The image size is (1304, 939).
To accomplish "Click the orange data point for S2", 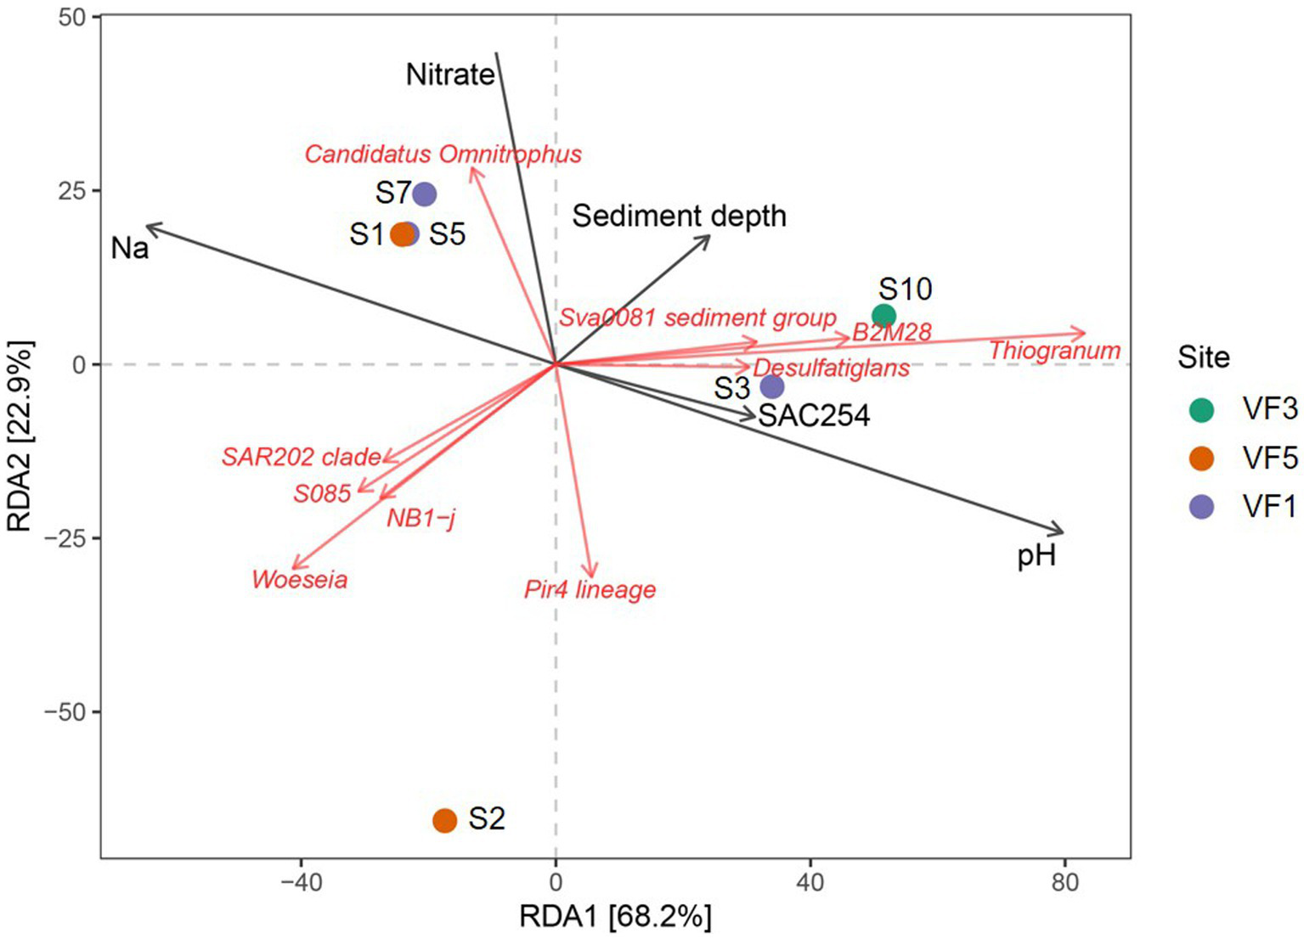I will tap(445, 820).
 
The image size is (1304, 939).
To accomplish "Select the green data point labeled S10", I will tap(883, 316).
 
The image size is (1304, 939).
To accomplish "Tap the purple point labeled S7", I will tap(425, 194).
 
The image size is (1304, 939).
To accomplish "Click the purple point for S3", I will tap(771, 387).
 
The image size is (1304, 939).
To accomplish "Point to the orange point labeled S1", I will tap(402, 234).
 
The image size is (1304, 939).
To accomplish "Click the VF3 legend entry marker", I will tap(1201, 410).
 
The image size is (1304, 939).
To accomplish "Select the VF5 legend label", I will tap(1269, 458).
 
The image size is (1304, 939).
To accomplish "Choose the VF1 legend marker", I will tap(1201, 507).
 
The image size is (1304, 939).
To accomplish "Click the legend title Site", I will tap(1203, 357).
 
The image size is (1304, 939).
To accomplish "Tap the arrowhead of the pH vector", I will tap(1062, 532).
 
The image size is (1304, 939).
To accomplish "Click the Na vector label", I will tap(130, 249).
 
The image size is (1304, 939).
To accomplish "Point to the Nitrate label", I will tap(450, 76).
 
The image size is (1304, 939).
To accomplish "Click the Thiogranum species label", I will tap(1054, 351).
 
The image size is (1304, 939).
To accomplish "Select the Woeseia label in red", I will tap(300, 580).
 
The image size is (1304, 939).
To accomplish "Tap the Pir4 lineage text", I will tap(590, 589).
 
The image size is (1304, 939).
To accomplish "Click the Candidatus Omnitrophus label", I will tap(443, 155).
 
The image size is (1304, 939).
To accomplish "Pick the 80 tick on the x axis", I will tap(1064, 883).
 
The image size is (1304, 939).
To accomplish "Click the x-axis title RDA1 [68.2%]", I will tap(615, 918).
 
